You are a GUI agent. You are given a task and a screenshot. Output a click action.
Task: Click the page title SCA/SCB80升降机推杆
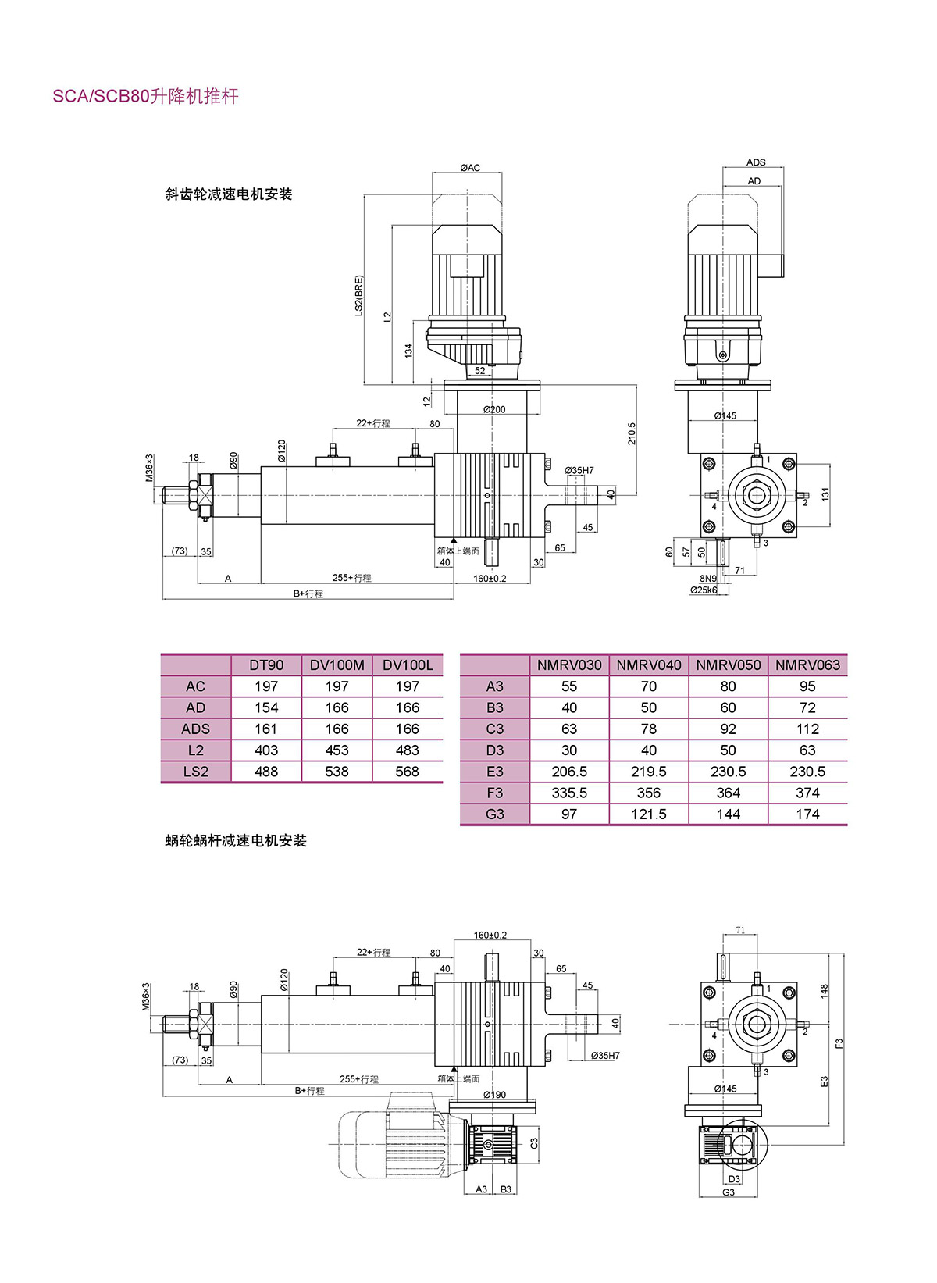pyautogui.click(x=145, y=97)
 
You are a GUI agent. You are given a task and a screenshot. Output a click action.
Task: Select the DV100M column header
pyautogui.click(x=337, y=665)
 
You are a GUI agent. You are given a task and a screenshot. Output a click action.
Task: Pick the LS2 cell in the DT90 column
pyautogui.click(x=266, y=772)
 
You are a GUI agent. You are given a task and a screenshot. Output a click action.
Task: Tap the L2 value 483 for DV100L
pyautogui.click(x=408, y=750)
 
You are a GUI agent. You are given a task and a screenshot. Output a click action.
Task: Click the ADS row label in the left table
pyautogui.click(x=195, y=729)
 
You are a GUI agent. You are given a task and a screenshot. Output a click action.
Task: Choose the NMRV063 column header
pyautogui.click(x=807, y=665)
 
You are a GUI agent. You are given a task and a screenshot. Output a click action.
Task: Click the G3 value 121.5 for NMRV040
pyautogui.click(x=649, y=814)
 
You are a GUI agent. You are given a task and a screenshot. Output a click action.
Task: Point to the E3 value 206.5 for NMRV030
pyautogui.click(x=569, y=772)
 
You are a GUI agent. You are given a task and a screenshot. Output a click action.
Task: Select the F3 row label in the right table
pyautogui.click(x=495, y=793)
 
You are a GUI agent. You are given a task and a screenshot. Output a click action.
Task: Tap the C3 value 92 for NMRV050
pyautogui.click(x=728, y=729)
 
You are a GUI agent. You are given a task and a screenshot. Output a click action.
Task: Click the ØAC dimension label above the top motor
pyautogui.click(x=470, y=168)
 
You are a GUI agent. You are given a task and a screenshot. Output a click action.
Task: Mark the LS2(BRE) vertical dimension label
pyautogui.click(x=359, y=294)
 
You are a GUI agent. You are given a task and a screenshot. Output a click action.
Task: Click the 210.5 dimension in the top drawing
pyautogui.click(x=632, y=434)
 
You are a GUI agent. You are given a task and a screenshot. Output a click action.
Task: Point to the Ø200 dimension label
pyautogui.click(x=493, y=409)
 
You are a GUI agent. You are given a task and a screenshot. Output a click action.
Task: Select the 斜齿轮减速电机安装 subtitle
pyautogui.click(x=229, y=194)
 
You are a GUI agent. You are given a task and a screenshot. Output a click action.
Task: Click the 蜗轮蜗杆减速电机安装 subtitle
pyautogui.click(x=236, y=841)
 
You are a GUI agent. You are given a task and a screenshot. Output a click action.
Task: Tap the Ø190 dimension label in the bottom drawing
pyautogui.click(x=494, y=1095)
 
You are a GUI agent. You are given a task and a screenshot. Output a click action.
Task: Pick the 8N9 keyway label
pyautogui.click(x=708, y=579)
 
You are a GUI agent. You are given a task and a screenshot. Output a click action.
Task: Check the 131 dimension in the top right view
pyautogui.click(x=825, y=494)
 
